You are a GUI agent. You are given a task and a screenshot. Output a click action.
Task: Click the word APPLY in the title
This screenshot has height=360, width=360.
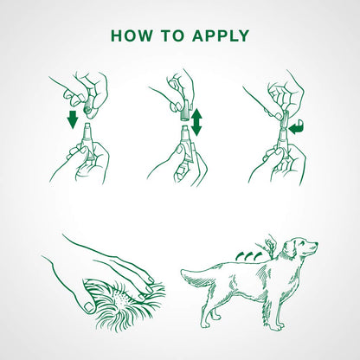[221, 35]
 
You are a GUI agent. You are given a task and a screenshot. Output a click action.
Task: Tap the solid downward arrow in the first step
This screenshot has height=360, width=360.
[73, 119]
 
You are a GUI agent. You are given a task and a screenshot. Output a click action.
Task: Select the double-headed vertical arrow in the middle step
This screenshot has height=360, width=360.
[196, 122]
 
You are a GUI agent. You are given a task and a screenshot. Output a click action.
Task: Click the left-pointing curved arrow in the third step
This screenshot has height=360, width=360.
[297, 128]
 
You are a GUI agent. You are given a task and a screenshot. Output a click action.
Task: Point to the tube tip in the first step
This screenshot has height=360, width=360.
[87, 127]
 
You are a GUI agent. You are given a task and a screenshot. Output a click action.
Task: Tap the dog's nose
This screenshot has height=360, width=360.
[316, 244]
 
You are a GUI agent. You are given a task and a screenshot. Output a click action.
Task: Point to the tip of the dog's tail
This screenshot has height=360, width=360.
[182, 272]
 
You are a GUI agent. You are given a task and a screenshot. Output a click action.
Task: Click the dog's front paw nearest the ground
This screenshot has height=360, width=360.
[279, 328]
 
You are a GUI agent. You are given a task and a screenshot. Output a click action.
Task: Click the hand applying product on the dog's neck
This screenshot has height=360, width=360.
[267, 246]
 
